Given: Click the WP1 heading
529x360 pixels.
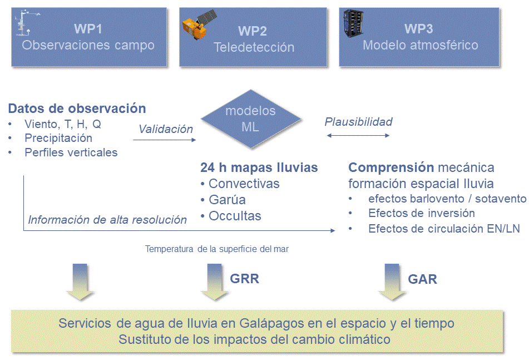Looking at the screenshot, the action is [x=88, y=29].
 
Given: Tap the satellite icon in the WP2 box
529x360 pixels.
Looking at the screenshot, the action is [x=199, y=24].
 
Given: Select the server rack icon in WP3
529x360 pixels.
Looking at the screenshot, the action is [x=353, y=23].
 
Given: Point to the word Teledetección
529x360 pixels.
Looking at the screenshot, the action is [x=254, y=47].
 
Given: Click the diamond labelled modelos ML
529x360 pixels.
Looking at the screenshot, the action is [x=251, y=119].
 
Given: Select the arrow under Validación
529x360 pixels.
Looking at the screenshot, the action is [x=165, y=140].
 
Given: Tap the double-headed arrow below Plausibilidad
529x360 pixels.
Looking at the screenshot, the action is [x=358, y=136].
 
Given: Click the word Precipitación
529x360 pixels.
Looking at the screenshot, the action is [x=58, y=138].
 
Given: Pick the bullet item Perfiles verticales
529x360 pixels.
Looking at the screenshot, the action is [x=71, y=152].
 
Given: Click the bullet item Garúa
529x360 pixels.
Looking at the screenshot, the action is [x=227, y=200].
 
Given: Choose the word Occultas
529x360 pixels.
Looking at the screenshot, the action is [x=235, y=216].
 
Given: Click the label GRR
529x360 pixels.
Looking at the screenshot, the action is [x=245, y=279].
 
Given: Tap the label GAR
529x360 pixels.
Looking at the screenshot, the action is [x=422, y=279].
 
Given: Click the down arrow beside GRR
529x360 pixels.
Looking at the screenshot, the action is [x=215, y=282].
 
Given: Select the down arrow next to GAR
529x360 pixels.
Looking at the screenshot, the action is [x=392, y=282].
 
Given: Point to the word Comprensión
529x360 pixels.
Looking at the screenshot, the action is [x=391, y=167].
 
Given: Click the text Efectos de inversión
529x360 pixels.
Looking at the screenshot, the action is [x=422, y=213].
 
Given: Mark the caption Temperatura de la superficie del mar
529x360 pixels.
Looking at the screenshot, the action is [x=217, y=249].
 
